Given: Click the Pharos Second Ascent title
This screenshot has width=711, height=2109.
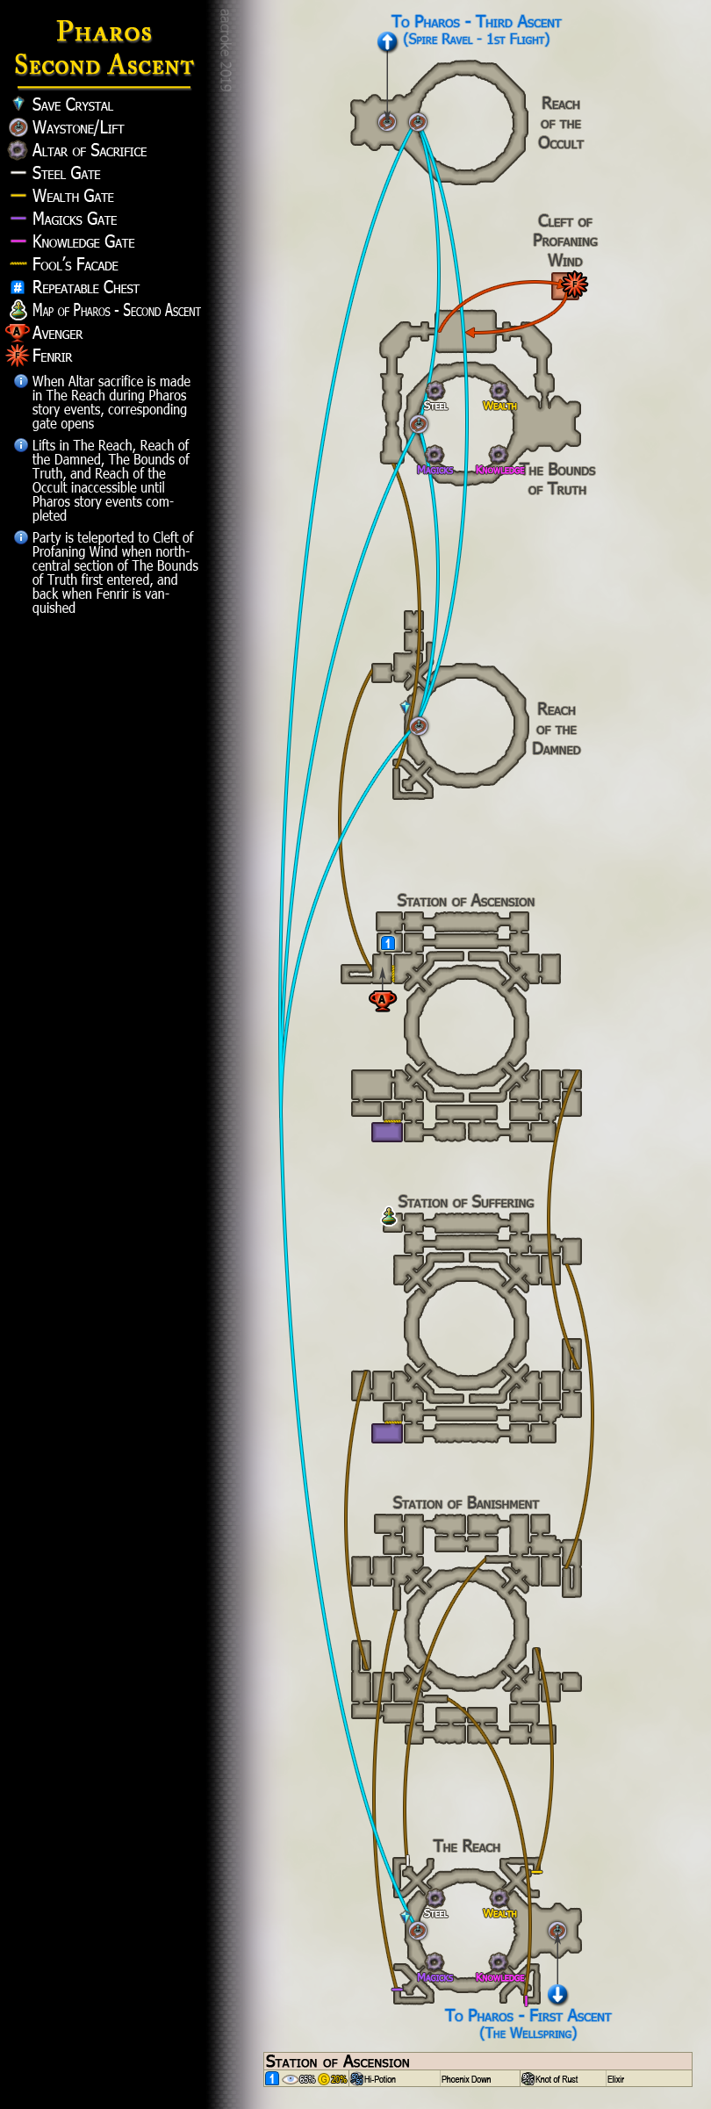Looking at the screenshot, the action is click(x=104, y=49).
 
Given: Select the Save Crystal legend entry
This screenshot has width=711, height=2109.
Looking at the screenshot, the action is click(x=72, y=105).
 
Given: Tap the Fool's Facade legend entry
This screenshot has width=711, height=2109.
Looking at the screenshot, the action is click(x=75, y=265).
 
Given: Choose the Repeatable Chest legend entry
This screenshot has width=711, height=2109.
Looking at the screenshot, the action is click(x=85, y=288).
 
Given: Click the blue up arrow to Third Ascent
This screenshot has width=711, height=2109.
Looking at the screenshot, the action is click(x=387, y=41).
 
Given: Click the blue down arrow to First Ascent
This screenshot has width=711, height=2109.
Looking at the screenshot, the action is click(x=557, y=1995).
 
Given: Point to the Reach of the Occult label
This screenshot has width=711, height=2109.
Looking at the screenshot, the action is click(x=561, y=124).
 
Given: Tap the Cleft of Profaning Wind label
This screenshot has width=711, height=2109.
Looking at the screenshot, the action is click(x=565, y=241).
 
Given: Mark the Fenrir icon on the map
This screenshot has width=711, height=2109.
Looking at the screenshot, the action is click(x=574, y=284).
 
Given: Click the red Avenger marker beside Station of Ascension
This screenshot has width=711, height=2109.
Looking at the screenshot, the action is click(x=382, y=999).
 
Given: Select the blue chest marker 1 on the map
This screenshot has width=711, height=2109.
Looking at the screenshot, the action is click(x=388, y=943).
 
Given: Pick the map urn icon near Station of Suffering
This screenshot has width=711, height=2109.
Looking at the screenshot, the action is click(x=389, y=1217).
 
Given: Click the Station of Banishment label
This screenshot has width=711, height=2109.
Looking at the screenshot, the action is click(x=465, y=1504).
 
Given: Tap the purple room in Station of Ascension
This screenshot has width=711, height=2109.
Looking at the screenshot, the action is click(x=386, y=1132).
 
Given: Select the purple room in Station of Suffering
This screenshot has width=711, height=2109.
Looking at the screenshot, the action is click(x=386, y=1433).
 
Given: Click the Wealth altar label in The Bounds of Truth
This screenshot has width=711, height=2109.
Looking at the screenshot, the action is click(x=499, y=406).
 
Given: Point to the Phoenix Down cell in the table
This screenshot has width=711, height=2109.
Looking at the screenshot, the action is click(x=466, y=2079).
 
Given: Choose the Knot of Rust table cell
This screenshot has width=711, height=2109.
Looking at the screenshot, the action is click(x=557, y=2079).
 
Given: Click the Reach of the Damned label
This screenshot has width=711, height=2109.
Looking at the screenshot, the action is click(x=557, y=730).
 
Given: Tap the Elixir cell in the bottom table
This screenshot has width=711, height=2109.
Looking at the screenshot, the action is click(x=616, y=2079).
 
